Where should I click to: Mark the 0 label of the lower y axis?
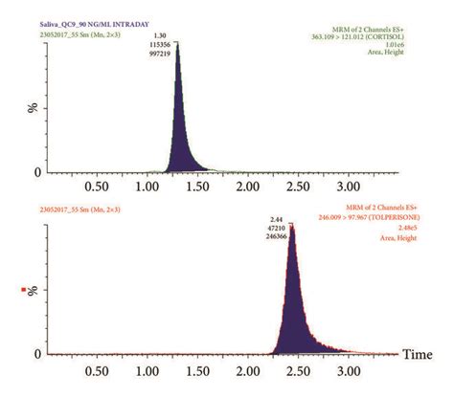pyautogui.click(x=36, y=350)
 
